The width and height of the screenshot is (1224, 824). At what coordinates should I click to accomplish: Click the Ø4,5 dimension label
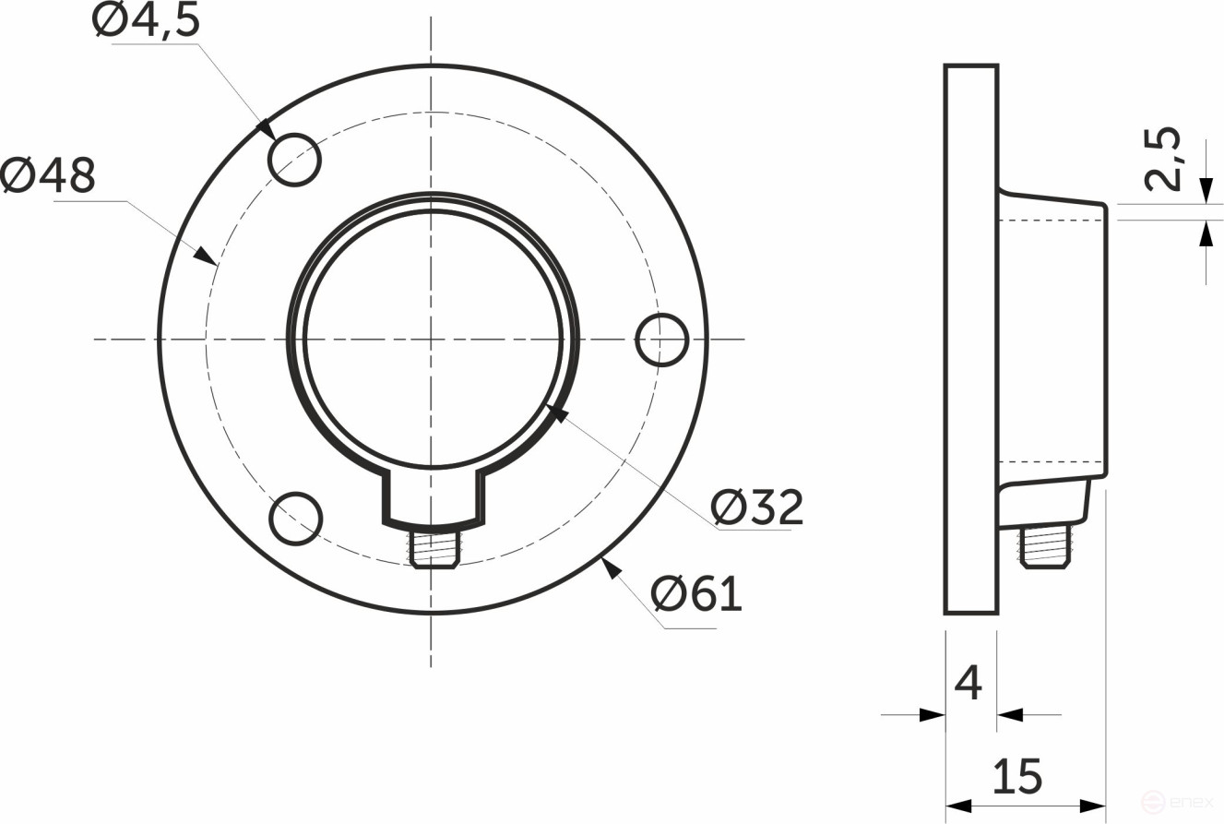click(x=146, y=20)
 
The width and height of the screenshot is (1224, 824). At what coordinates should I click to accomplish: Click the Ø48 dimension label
click(x=48, y=175)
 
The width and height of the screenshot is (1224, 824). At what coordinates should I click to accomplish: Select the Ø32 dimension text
click(x=757, y=507)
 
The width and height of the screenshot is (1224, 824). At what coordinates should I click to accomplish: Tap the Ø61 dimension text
click(x=696, y=594)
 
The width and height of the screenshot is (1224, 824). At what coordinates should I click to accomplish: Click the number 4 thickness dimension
click(x=968, y=684)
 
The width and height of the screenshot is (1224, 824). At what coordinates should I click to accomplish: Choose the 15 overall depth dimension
click(x=1017, y=776)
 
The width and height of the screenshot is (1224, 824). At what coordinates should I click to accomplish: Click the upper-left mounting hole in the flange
click(x=294, y=160)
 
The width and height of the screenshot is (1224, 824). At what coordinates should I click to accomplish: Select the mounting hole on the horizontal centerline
click(x=662, y=340)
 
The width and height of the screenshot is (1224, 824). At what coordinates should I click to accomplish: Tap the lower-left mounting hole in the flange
click(x=296, y=518)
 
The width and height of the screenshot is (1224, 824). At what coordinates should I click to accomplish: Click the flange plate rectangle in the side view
click(x=971, y=340)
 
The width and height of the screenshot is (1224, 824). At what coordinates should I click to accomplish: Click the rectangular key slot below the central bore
click(x=434, y=498)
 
